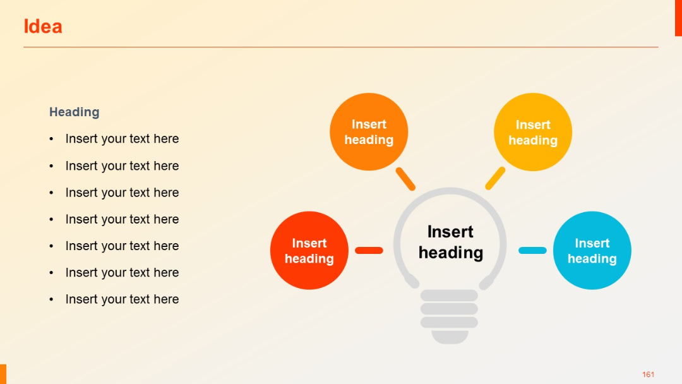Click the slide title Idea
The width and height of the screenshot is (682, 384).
(x=43, y=27)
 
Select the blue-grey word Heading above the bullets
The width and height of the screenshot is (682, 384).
(x=75, y=112)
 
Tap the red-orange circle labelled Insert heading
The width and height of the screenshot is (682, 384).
(x=309, y=251)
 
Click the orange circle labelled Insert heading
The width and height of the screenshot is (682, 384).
(x=369, y=132)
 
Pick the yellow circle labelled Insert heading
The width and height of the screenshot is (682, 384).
(x=533, y=133)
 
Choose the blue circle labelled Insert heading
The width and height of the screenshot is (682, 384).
(x=592, y=251)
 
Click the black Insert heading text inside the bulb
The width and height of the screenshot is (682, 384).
(x=450, y=242)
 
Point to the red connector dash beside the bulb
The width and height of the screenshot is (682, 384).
(x=369, y=251)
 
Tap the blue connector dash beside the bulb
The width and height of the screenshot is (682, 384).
(x=532, y=251)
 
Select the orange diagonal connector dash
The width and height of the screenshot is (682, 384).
(x=405, y=179)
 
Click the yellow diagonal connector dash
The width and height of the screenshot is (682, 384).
(x=495, y=178)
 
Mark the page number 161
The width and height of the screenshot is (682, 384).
(x=648, y=375)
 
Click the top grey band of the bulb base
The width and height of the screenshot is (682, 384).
(x=449, y=296)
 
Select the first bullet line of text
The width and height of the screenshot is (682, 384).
(x=122, y=139)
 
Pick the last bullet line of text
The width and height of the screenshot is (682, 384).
(x=122, y=299)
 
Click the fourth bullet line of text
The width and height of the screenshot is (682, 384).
(x=122, y=219)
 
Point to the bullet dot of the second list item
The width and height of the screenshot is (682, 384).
(x=52, y=166)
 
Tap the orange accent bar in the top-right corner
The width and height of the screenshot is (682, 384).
(x=678, y=18)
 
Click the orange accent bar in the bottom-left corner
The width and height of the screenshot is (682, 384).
(x=3, y=374)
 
